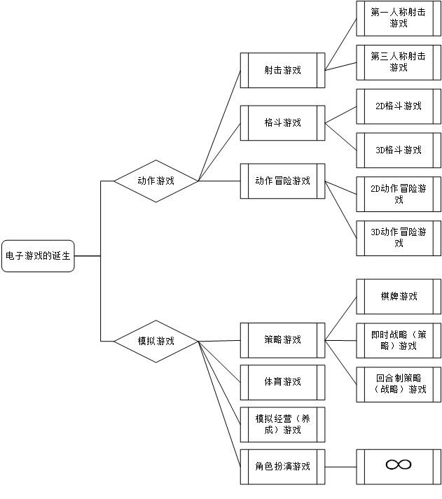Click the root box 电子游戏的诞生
38,256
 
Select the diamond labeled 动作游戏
156,181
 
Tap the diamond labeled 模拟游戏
156,341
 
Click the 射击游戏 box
283,70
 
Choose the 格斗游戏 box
283,122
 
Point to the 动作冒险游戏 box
283,181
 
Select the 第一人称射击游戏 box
399,18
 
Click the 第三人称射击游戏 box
399,62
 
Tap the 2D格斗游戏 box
399,106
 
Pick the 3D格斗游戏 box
399,150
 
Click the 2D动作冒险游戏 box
399,194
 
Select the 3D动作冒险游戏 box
399,238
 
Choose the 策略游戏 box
283,340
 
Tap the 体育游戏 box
283,382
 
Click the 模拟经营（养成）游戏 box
283,424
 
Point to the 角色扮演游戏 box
283,466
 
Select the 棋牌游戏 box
399,297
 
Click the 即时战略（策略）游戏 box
399,340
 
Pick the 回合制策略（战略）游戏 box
399,384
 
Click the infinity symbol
399,465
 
